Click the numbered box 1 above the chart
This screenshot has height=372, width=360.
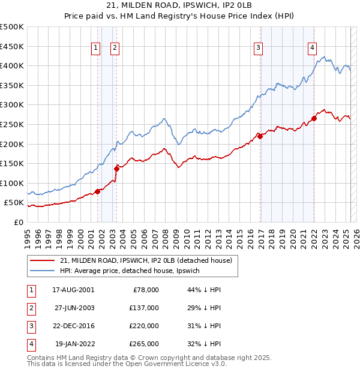(x=95, y=49)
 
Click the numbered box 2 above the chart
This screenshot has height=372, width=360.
(x=115, y=49)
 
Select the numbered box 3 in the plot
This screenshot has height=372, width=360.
(x=258, y=49)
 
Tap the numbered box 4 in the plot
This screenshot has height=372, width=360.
(x=313, y=49)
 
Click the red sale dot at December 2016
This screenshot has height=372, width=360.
(x=260, y=136)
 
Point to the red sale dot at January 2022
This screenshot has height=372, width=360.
(x=314, y=118)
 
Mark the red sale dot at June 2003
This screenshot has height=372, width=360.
(x=116, y=169)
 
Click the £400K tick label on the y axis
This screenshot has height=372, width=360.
(x=12, y=65)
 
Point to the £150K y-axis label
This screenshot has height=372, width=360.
(x=12, y=163)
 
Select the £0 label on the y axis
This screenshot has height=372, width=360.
(x=17, y=222)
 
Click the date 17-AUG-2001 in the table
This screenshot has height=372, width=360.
(x=73, y=290)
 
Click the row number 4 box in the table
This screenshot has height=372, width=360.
(x=31, y=344)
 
